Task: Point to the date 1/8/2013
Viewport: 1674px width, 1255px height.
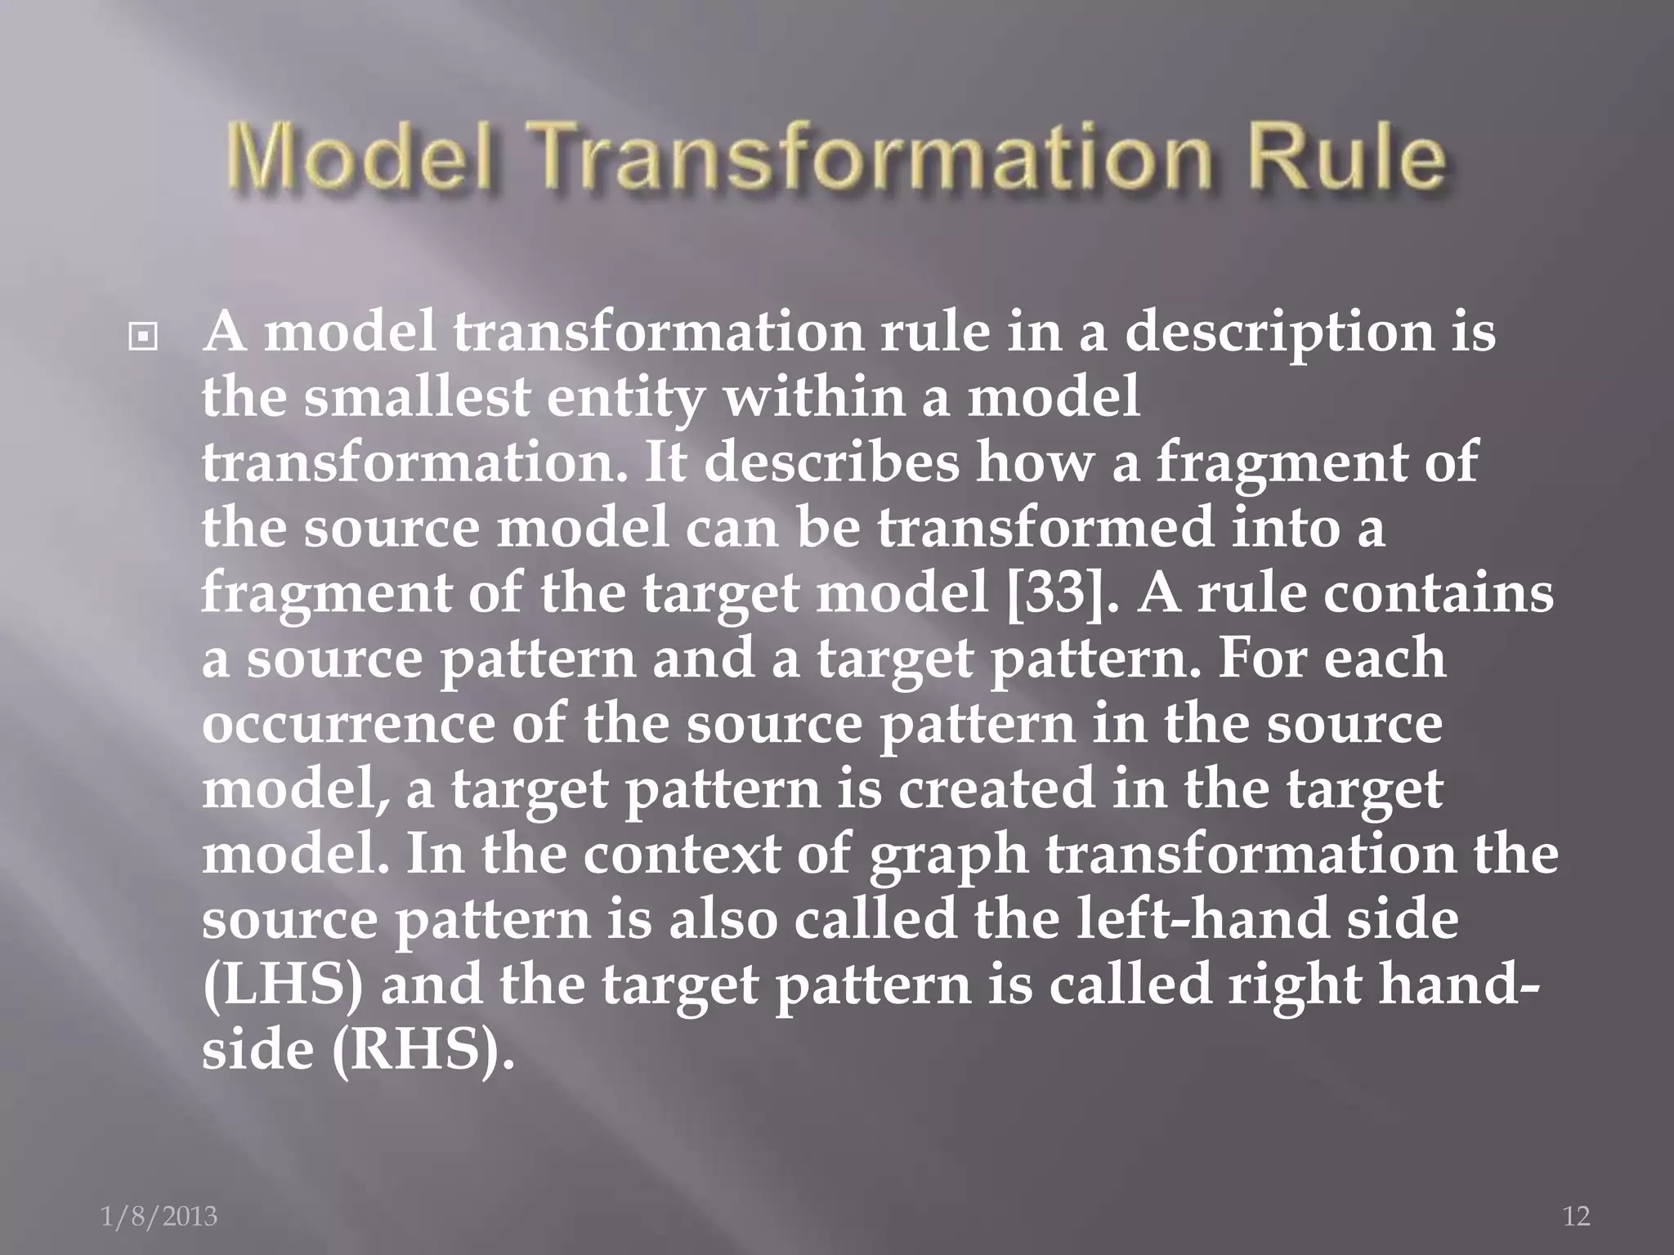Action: click(159, 1217)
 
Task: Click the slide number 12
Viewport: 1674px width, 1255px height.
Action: click(1576, 1217)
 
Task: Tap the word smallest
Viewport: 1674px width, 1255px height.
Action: click(417, 398)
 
